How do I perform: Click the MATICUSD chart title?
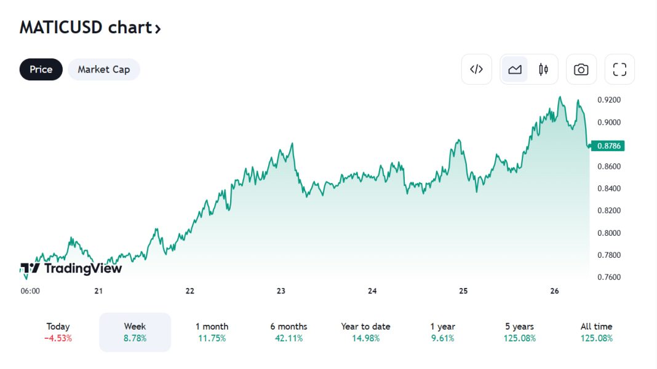(x=90, y=28)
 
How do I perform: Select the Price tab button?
(x=41, y=69)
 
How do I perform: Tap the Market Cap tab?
(x=104, y=69)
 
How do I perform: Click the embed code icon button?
(x=477, y=69)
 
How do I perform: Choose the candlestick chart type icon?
(x=543, y=69)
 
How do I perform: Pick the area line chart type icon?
(x=515, y=69)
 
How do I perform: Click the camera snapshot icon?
(x=581, y=69)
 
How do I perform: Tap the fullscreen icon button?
(x=619, y=69)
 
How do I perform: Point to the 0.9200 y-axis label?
(x=609, y=100)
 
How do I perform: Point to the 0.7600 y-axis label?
(x=609, y=277)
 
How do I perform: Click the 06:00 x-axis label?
(x=30, y=291)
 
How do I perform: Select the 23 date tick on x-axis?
(x=281, y=291)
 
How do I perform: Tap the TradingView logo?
(x=71, y=268)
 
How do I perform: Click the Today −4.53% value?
(x=58, y=338)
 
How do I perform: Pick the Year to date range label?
(x=365, y=327)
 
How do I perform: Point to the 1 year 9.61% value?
(x=442, y=338)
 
